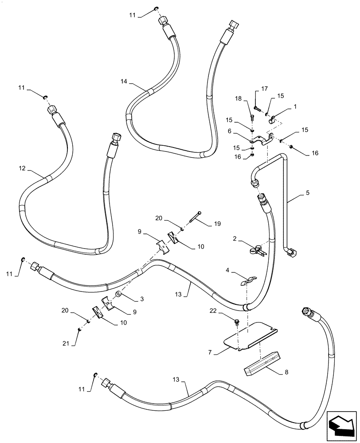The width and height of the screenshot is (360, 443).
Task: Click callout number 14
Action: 124,81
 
